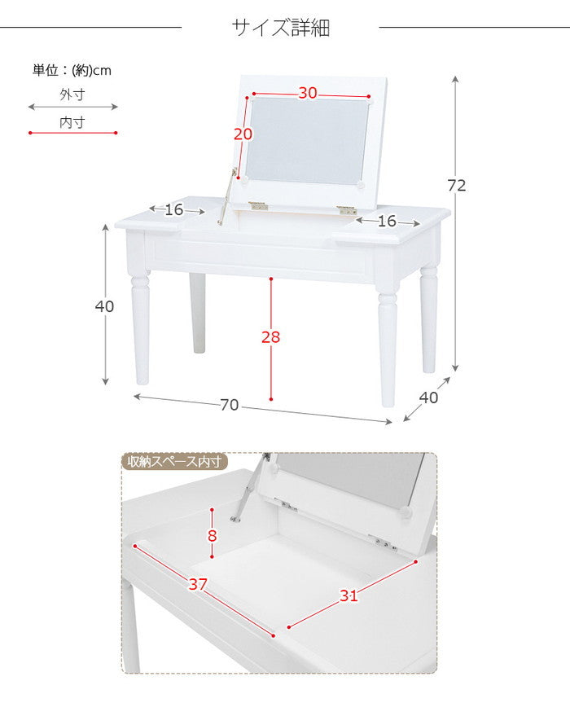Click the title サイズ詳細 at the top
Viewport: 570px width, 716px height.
(x=281, y=28)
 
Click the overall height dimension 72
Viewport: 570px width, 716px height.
(x=457, y=186)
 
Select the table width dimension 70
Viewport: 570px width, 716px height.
(x=230, y=405)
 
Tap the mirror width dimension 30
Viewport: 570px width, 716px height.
(x=307, y=93)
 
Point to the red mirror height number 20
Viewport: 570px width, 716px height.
(x=242, y=134)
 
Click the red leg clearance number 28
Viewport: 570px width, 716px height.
(x=271, y=337)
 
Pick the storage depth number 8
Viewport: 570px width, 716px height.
(x=213, y=535)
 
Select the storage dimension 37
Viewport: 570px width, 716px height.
(x=198, y=584)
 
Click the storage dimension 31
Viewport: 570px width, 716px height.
(x=349, y=595)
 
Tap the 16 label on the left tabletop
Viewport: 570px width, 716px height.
(x=174, y=210)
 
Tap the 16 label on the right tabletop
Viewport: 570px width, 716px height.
(x=387, y=221)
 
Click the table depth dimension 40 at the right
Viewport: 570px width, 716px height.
(x=428, y=398)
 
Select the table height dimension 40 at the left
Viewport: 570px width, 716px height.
(x=104, y=307)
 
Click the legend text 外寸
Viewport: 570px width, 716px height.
(x=72, y=94)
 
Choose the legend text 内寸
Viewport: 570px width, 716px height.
(x=72, y=122)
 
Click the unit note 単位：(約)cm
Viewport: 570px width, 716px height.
(x=72, y=70)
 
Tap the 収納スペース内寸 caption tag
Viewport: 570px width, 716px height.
(x=174, y=462)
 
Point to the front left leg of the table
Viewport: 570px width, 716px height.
(x=141, y=330)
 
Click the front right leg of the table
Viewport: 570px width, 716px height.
(x=388, y=346)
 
